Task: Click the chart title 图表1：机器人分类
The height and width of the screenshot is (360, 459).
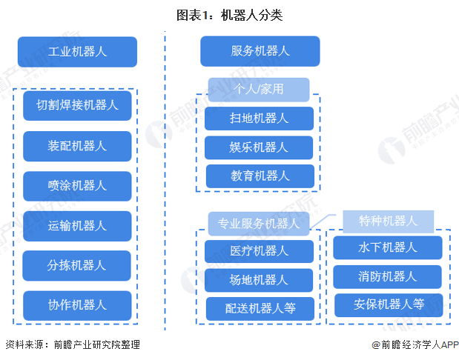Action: pos(229,15)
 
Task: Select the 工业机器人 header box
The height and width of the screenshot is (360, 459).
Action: pos(77,52)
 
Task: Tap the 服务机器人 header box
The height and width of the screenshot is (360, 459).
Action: pos(260,51)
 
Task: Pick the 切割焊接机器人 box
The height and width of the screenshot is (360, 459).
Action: pos(77,105)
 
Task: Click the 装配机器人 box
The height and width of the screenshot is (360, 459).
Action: pos(77,146)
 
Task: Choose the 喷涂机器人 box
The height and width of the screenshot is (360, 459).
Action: pos(77,186)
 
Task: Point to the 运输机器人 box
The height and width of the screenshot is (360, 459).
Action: pos(77,226)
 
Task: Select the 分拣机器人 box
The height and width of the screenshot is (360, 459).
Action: pos(77,265)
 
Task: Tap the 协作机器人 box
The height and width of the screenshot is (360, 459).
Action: pos(77,305)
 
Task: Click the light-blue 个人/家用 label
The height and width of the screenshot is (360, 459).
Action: pos(258,90)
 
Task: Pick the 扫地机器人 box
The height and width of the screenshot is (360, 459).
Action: pos(260,118)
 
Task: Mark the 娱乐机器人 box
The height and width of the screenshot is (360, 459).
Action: pos(260,147)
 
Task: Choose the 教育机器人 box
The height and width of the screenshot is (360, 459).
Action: pos(260,176)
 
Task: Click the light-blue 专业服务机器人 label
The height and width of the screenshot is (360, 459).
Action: pos(258,223)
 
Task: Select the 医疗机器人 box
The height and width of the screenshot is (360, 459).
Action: pos(260,251)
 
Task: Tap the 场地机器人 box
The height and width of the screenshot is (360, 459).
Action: pos(260,280)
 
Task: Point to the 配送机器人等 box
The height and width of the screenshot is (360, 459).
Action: pos(260,309)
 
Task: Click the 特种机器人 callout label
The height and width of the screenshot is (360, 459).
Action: pos(388,221)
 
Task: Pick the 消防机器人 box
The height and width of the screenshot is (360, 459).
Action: pos(387,276)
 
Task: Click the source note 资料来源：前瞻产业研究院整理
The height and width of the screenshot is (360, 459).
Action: pos(72,345)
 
